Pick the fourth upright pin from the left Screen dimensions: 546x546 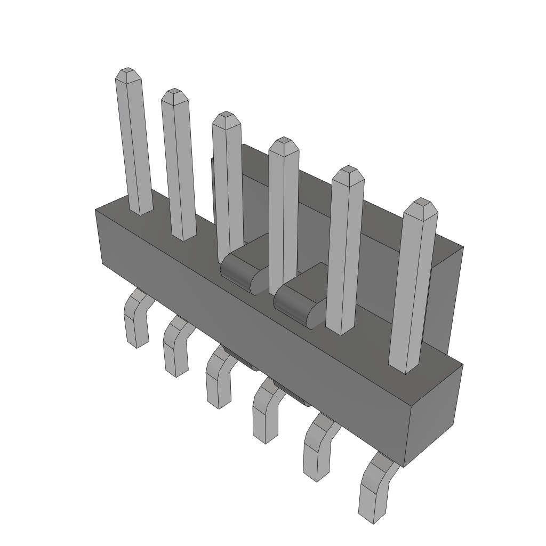point(283,213)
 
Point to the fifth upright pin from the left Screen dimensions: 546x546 point(345,251)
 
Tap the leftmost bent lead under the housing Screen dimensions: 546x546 point(136,320)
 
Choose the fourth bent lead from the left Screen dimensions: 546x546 point(266,413)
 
